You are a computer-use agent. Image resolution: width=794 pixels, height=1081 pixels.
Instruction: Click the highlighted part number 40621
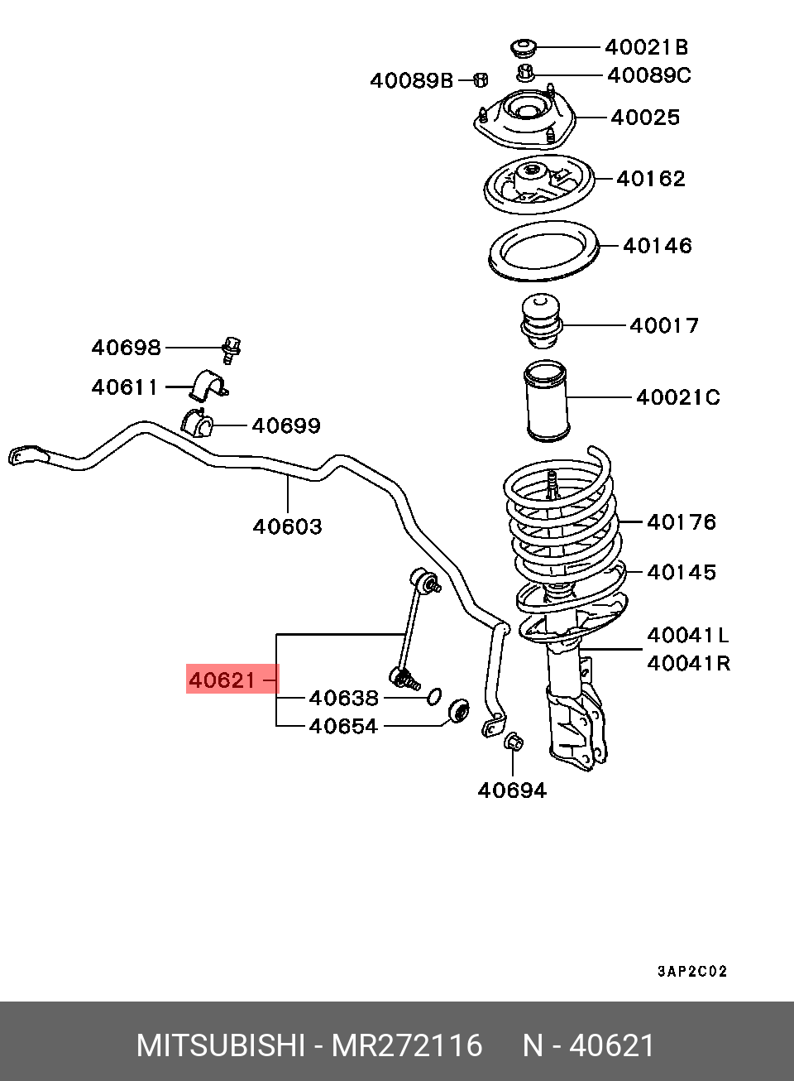pyautogui.click(x=222, y=680)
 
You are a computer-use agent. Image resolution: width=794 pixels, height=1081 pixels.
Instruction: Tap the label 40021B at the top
pyautogui.click(x=647, y=47)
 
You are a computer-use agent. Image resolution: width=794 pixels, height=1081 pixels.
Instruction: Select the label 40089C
pyautogui.click(x=649, y=76)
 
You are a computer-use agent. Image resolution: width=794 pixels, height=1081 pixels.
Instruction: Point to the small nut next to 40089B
pyautogui.click(x=481, y=79)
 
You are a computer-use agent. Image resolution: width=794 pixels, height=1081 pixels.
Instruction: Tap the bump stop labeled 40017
pyautogui.click(x=542, y=320)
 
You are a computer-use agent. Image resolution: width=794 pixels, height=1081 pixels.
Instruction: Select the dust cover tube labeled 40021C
pyautogui.click(x=546, y=401)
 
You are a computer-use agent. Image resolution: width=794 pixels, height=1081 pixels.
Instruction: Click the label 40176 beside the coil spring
pyautogui.click(x=682, y=522)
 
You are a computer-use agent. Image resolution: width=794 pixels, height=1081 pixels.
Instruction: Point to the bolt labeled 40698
pyautogui.click(x=232, y=349)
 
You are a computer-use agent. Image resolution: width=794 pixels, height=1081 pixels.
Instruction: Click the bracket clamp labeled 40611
pyautogui.click(x=208, y=386)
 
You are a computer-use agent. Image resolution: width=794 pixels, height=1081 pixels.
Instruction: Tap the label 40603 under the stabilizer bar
pyautogui.click(x=287, y=526)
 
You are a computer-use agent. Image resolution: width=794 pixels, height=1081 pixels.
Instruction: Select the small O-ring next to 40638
pyautogui.click(x=434, y=696)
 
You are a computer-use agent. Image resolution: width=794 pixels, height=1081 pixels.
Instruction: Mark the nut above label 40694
pyautogui.click(x=514, y=741)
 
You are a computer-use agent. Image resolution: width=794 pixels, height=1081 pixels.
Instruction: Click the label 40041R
pyautogui.click(x=688, y=664)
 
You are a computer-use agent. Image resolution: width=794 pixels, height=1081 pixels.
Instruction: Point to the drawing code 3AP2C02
pyautogui.click(x=692, y=971)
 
